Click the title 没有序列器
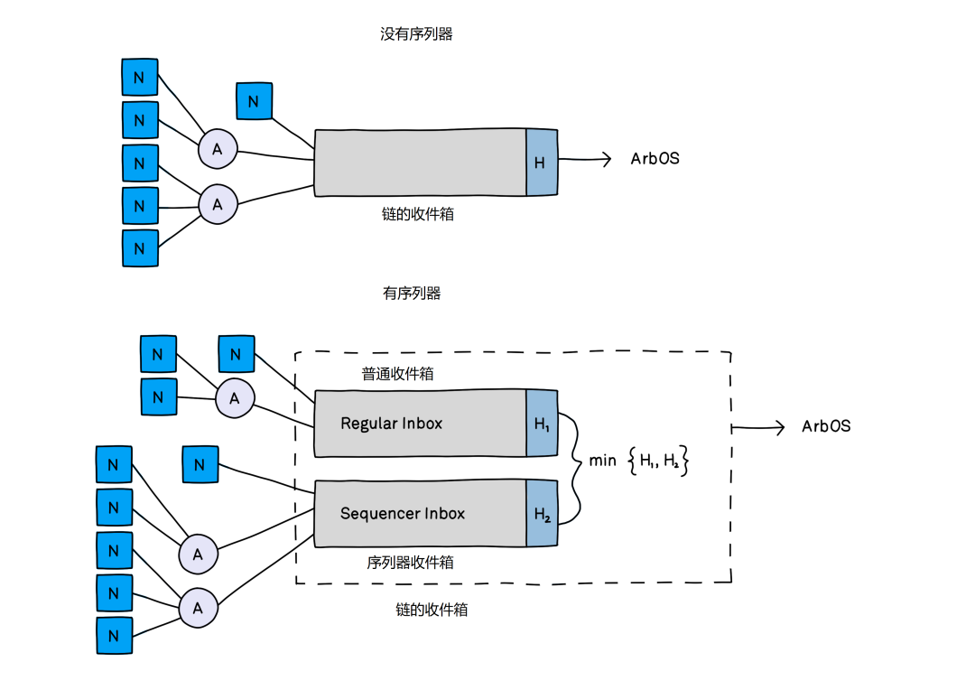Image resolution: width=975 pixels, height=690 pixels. click(416, 34)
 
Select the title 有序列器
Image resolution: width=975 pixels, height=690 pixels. click(412, 293)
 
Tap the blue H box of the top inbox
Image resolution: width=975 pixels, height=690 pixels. click(542, 163)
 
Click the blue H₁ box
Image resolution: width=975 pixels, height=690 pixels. click(542, 424)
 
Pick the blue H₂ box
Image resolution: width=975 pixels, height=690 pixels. click(542, 513)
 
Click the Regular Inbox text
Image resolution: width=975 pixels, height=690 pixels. click(391, 424)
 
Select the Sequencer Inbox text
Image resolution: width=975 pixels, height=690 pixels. click(403, 513)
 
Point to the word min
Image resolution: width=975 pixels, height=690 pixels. click(602, 461)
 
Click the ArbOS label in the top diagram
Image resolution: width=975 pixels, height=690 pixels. click(655, 159)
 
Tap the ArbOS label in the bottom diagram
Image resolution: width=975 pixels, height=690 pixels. click(826, 426)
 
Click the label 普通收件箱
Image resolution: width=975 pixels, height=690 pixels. click(398, 374)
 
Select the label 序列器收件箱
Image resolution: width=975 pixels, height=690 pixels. click(411, 563)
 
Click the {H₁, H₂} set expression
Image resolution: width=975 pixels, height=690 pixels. click(658, 461)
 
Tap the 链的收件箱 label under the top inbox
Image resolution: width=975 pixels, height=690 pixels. click(418, 214)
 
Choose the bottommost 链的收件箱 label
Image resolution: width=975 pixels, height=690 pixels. click(432, 610)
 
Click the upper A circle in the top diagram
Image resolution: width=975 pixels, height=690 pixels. click(218, 149)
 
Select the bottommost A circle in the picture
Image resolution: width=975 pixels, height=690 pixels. click(199, 608)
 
